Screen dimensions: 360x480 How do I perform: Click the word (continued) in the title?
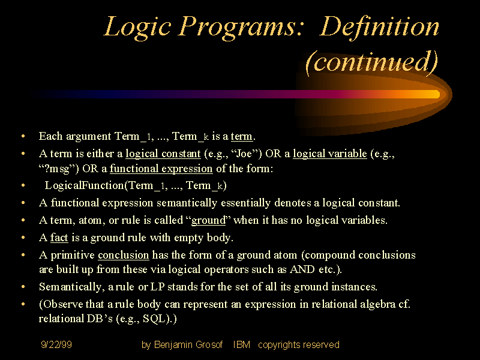point(371,62)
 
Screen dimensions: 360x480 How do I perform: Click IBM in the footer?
point(242,345)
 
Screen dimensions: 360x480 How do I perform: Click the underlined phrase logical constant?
point(163,154)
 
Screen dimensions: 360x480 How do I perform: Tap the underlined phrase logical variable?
point(329,154)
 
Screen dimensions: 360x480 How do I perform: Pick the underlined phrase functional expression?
point(161,169)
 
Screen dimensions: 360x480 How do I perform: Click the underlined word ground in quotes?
point(208,220)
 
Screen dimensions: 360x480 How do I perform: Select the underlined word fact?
point(59,238)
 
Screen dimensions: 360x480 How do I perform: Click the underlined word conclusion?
point(123,255)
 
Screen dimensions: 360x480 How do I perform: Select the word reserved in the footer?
point(321,345)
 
